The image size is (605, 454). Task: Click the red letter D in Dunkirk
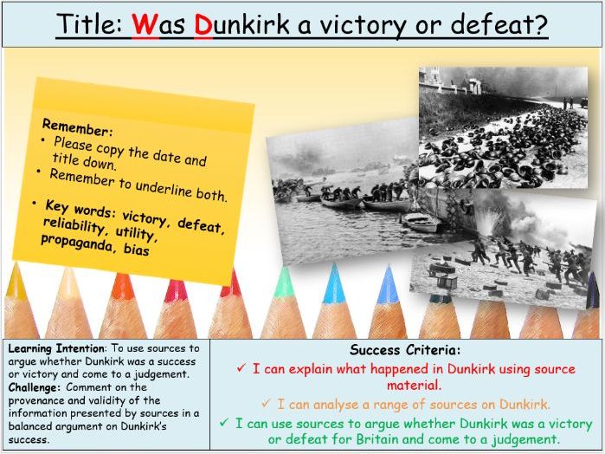204,25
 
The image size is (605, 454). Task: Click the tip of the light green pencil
283,276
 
